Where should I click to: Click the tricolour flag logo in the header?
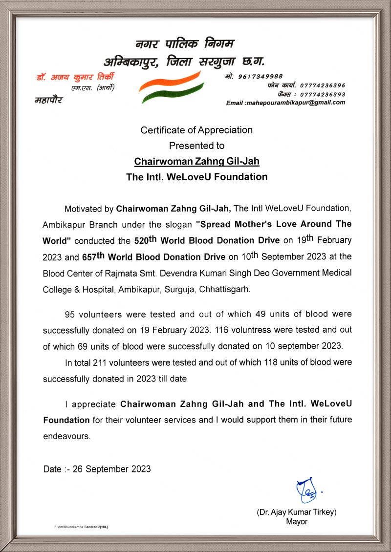pyautogui.click(x=171, y=87)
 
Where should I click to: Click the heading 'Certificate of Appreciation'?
pyautogui.click(x=196, y=130)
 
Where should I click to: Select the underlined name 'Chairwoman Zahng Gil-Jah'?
pyautogui.click(x=196, y=161)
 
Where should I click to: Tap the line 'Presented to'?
pyautogui.click(x=196, y=146)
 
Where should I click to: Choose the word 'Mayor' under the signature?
pyautogui.click(x=297, y=522)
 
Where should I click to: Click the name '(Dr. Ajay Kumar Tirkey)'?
pyautogui.click(x=297, y=512)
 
